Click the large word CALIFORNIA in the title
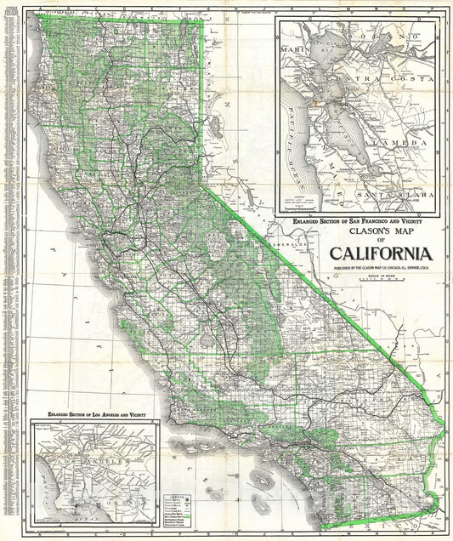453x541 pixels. [x=382, y=253]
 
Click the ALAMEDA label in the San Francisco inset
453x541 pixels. [x=403, y=144]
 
